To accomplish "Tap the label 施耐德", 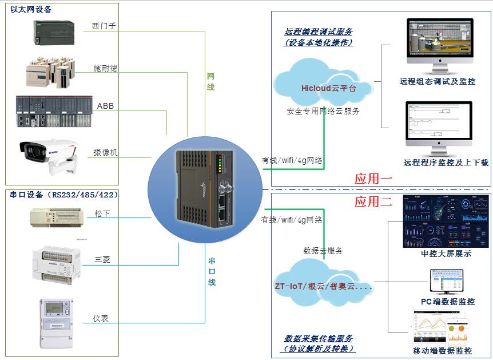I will coord(105,68).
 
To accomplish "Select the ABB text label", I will coord(106,106).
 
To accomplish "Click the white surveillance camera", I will coord(50,153).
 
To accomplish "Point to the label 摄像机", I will coord(105,153).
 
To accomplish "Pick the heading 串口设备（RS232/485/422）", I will coord(64,195).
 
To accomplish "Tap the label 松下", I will coord(102,213).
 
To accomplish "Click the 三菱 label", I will coord(102,259).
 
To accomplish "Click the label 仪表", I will coord(101,318).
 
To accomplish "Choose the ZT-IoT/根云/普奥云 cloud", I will coord(324,286).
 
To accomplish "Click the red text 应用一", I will coord(373,179).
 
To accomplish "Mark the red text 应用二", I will coord(373,201).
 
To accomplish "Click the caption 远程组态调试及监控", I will coord(438,82).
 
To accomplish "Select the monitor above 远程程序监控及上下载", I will coord(439,126).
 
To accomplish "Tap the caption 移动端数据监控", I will coord(442,351).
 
